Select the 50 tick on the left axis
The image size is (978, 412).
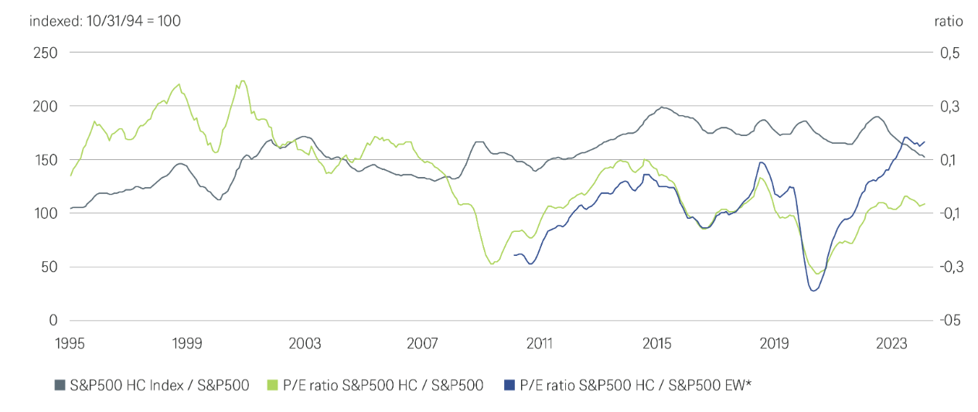47,267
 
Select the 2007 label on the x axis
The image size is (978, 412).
423,342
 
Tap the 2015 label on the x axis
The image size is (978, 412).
657,342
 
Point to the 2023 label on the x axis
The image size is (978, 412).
892,342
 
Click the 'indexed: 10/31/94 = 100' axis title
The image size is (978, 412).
105,21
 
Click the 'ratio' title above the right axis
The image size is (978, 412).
949,21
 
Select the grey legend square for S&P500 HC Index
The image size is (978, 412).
60,384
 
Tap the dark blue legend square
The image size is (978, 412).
508,384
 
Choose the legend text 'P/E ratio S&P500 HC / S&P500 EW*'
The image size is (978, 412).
635,384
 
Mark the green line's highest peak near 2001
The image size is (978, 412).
243,80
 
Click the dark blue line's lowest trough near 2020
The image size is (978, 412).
813,291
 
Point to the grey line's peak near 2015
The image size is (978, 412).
662,107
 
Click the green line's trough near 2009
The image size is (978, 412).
492,264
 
